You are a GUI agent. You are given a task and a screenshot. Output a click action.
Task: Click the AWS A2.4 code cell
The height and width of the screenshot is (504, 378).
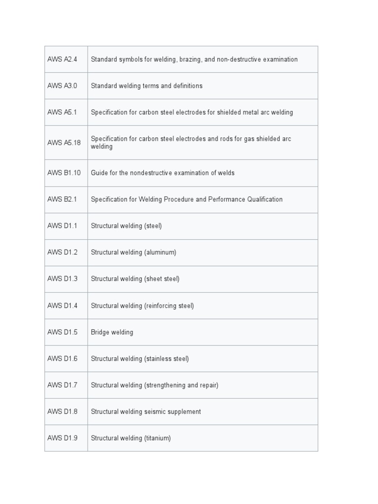(63, 60)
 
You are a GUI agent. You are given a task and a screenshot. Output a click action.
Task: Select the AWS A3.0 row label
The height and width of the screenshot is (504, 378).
(63, 86)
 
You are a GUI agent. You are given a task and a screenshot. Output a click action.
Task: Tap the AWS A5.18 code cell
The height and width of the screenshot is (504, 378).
(64, 143)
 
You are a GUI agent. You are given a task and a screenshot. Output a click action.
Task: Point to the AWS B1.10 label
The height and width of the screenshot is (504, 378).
(64, 173)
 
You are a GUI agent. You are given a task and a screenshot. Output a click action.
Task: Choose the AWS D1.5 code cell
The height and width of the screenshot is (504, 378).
(63, 332)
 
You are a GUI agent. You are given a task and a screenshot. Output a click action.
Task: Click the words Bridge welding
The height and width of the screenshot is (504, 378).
(112, 332)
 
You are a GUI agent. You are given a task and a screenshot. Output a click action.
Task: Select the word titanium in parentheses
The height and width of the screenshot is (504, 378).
(157, 438)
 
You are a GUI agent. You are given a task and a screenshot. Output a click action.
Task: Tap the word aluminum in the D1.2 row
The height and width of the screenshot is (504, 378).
(160, 252)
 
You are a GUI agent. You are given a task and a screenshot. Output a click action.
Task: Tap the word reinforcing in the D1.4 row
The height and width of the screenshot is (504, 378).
(161, 306)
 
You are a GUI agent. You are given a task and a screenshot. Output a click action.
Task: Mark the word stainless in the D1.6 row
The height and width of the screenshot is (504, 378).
(158, 359)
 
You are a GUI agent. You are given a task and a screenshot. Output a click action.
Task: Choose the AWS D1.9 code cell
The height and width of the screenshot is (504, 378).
(63, 438)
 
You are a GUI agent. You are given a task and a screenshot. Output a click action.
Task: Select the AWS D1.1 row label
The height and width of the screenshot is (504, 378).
(63, 226)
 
